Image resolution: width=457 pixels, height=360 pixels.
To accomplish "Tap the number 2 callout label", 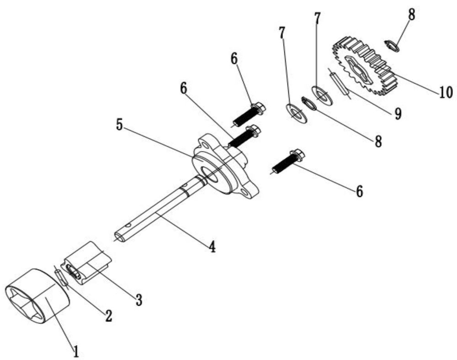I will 108,315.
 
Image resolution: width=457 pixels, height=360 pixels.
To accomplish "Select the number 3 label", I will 139,300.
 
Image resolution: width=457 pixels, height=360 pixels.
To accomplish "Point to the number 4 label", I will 212,247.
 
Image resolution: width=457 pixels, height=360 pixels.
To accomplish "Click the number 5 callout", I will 119,125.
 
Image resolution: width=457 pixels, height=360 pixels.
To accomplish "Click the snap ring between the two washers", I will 309,103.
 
